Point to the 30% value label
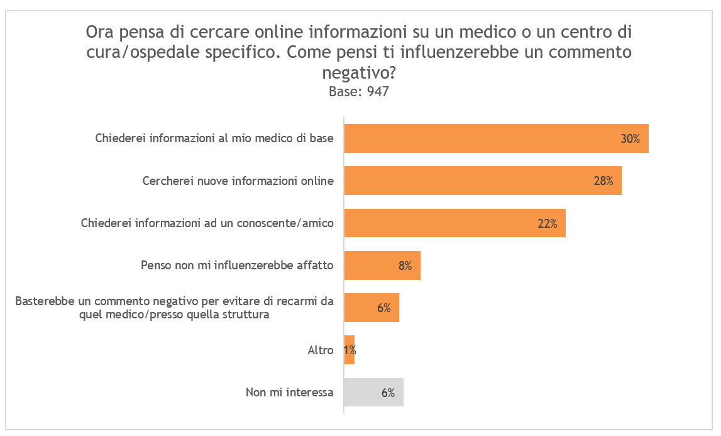(630, 139)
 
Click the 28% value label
(603, 181)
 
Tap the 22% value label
(548, 223)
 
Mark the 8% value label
(405, 266)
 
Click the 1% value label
(350, 350)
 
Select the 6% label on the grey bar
(388, 393)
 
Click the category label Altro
(321, 350)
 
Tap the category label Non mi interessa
(289, 393)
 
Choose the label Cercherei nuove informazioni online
(238, 181)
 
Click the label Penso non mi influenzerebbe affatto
(237, 266)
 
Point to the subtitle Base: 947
(359, 92)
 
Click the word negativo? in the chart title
(359, 73)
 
